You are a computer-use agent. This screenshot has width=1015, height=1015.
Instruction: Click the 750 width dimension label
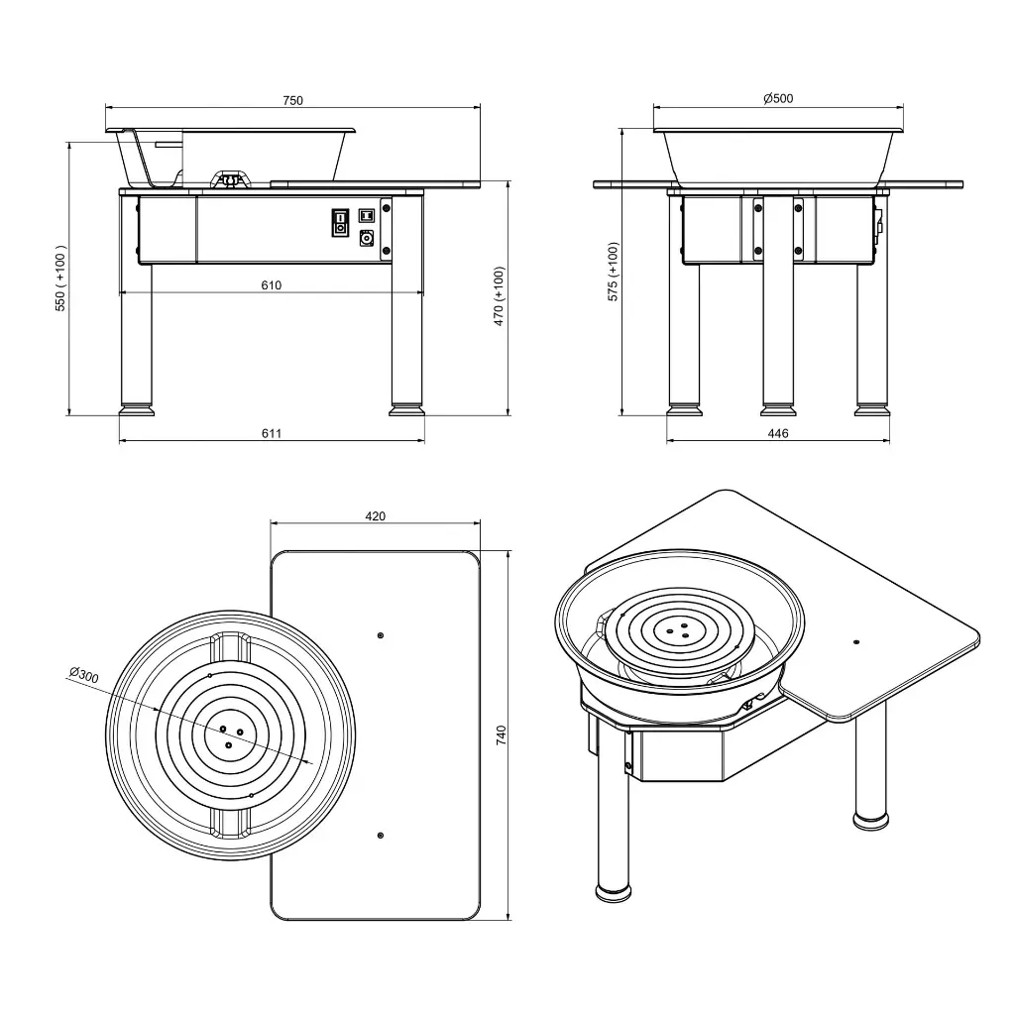coord(292,100)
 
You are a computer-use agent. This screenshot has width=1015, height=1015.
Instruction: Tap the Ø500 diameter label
coord(778,98)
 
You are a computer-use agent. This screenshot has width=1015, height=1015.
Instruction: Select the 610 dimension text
coord(272,285)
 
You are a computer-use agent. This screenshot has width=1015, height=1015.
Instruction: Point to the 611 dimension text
coord(272,433)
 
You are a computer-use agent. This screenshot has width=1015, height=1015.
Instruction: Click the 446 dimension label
coord(778,433)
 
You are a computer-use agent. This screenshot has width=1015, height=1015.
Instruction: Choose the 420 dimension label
coord(375,515)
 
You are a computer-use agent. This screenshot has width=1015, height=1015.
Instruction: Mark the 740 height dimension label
coord(502,734)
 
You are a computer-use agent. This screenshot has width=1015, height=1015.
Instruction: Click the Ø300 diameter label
coord(84,676)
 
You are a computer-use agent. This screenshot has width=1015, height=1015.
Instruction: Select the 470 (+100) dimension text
coord(499,295)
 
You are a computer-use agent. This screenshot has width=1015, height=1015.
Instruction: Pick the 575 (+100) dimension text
coord(613,272)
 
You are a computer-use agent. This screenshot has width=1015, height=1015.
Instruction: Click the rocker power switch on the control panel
coord(340,221)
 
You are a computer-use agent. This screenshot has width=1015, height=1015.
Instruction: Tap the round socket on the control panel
coord(367,238)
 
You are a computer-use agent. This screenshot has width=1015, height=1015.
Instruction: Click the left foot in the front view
coord(136,408)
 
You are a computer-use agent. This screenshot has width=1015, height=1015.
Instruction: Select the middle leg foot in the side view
coord(778,408)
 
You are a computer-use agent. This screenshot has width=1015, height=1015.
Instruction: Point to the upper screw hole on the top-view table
coord(381,634)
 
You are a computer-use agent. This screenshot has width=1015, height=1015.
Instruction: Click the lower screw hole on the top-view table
coord(381,836)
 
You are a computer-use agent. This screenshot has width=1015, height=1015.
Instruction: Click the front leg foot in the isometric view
coord(614,890)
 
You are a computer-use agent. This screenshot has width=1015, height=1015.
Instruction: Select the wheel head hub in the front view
coord(231,179)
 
